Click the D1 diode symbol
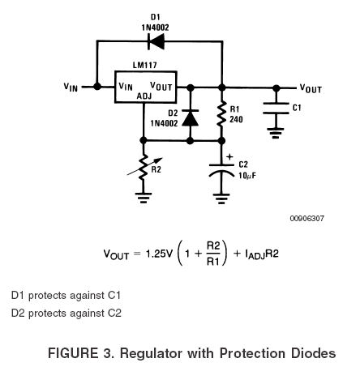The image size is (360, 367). point(156,41)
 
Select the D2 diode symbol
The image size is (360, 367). point(190,118)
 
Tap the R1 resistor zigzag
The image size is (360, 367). point(221,113)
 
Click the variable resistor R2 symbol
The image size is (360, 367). point(144,167)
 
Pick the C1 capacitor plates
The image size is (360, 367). point(276,108)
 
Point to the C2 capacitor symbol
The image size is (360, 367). point(221,170)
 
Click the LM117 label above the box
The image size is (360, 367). point(144,65)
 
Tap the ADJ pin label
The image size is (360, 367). point(144,96)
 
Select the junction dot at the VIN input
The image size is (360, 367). point(97,87)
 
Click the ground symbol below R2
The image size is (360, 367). point(144,198)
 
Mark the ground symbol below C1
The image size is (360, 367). point(276,133)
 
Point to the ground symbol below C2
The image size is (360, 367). point(221,198)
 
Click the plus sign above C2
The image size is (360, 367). point(229,156)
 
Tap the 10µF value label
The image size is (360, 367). point(247,176)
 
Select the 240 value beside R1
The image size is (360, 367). point(236,119)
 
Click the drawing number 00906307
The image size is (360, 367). point(306,219)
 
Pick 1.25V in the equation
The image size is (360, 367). point(159,254)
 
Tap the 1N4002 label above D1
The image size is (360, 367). point(156,28)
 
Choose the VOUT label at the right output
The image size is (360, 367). point(311,88)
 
